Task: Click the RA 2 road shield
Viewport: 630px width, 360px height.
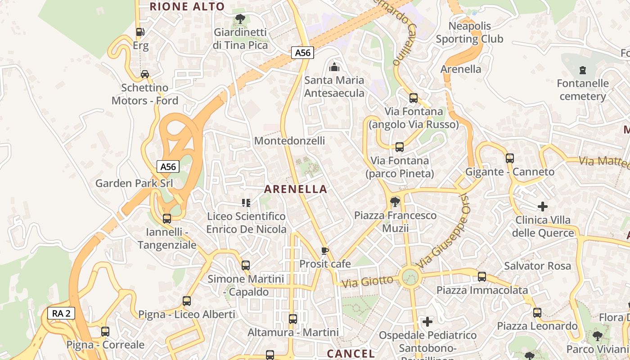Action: [61, 314]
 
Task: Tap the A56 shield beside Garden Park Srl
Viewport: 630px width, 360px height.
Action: [168, 166]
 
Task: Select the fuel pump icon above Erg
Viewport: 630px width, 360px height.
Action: [140, 32]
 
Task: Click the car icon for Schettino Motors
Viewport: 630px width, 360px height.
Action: [145, 74]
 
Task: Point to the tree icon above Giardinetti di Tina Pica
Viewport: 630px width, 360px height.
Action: [240, 19]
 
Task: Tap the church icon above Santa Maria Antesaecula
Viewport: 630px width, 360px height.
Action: [334, 67]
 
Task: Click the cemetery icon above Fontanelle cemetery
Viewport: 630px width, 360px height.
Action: [583, 70]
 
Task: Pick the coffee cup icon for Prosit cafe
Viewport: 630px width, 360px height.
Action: [325, 251]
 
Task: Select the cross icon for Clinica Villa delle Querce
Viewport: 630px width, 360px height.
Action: [543, 207]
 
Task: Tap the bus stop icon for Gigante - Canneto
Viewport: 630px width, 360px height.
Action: [510, 158]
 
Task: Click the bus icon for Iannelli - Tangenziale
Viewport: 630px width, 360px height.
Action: [167, 219]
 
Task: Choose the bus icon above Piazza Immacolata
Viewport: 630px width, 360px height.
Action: [482, 277]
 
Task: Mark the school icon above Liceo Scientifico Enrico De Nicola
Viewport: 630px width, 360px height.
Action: [246, 203]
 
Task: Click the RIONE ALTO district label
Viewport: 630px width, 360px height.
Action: [187, 6]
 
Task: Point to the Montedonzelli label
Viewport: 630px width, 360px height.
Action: [289, 141]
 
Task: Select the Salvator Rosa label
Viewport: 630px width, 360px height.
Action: [537, 266]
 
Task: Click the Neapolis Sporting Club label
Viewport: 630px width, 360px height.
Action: [469, 32]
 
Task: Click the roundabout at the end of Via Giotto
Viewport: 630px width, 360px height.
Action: [410, 276]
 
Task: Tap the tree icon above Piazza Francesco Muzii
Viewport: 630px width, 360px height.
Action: [395, 202]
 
